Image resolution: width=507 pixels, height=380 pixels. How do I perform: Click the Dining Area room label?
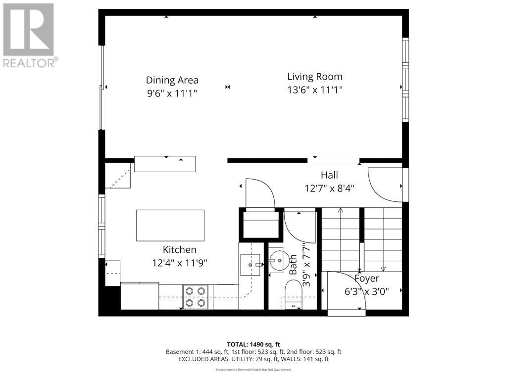click(172, 80)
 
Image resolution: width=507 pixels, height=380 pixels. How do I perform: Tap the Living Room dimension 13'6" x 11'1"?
click(315, 90)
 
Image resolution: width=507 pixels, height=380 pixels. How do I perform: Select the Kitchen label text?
click(179, 250)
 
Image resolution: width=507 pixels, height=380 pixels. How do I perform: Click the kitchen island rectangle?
click(170, 225)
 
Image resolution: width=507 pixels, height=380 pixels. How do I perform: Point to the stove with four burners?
click(195, 297)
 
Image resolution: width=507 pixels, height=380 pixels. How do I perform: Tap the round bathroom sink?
click(277, 259)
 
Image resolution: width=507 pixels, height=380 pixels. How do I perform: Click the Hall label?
click(329, 175)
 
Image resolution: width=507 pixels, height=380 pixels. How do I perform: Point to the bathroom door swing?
click(300, 225)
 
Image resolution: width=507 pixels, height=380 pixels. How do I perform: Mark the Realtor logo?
click(29, 35)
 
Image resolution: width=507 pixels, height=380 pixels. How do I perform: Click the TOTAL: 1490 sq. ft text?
click(253, 344)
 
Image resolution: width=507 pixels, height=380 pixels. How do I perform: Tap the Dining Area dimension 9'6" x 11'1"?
click(172, 93)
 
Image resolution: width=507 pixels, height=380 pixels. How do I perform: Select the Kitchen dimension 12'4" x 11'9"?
click(179, 263)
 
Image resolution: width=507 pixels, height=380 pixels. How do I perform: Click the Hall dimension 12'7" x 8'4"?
click(329, 188)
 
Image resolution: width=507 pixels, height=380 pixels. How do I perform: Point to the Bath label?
click(293, 264)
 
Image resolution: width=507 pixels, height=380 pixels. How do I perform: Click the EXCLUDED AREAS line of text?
click(253, 359)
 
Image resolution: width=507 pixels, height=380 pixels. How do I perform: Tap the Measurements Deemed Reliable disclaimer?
click(253, 370)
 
